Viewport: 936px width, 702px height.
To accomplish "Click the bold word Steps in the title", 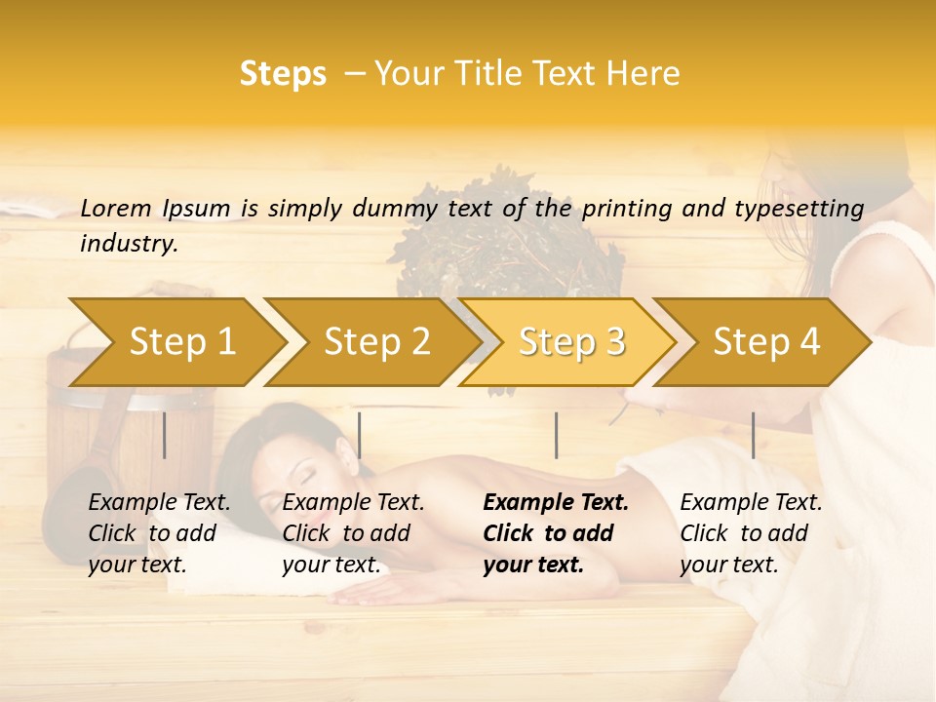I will pos(283,74).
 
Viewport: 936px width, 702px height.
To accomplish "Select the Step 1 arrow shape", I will pos(180,342).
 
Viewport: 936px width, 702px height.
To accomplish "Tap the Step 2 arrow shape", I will pos(375,342).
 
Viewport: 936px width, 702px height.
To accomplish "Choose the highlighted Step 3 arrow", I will pos(570,342).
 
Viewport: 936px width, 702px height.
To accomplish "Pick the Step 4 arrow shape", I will pos(765,342).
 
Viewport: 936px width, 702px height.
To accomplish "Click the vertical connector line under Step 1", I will pos(165,435).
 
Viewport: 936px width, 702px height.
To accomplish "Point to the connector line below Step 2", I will pos(360,435).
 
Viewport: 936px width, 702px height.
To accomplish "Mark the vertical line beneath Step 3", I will pos(556,435).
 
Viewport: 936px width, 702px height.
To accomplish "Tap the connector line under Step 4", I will pos(753,435).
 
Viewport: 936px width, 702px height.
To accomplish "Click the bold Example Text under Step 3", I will pos(554,533).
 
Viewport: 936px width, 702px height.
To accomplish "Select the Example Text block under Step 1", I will pos(159,533).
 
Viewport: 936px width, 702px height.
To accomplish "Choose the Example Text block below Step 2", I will pos(353,533).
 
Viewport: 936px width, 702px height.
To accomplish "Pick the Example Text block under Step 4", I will pos(751,533).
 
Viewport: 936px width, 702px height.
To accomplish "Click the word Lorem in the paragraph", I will pos(116,209).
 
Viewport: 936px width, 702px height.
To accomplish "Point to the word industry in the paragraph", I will pos(129,244).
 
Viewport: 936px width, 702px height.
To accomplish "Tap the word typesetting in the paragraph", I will pos(806,209).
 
